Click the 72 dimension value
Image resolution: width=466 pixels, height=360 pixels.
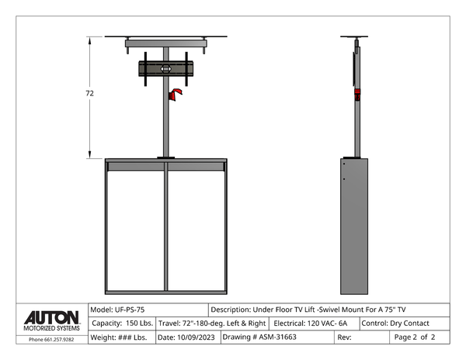[x=90, y=93]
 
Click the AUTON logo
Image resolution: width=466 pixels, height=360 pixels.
[x=52, y=318]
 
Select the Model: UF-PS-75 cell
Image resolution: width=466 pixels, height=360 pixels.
[x=148, y=310]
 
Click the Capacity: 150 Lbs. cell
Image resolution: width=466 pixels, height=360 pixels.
[x=122, y=324]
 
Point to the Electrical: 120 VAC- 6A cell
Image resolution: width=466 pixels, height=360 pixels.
[x=314, y=324]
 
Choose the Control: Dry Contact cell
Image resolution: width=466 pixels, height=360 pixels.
[x=405, y=324]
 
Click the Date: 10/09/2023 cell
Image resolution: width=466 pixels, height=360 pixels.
[x=189, y=337]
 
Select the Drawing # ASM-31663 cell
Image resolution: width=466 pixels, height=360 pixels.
[x=277, y=337]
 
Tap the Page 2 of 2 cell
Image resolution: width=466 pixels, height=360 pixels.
[x=419, y=337]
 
